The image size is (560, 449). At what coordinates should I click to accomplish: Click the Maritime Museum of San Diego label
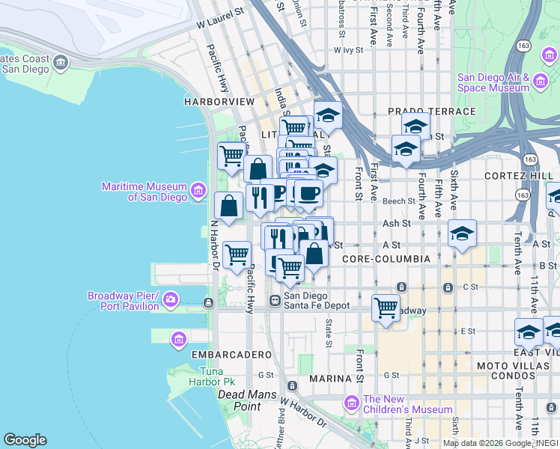click(x=144, y=192)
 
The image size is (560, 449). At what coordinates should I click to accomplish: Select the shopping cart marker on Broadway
click(x=386, y=308)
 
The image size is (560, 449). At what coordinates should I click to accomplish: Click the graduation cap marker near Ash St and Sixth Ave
click(x=463, y=233)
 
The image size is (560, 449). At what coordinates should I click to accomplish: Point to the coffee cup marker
click(x=308, y=194)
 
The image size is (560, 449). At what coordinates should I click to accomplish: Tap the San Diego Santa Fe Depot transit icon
click(x=275, y=300)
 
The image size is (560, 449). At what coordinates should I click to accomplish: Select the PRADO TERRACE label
click(x=431, y=112)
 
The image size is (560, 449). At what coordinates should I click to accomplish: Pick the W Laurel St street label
click(x=221, y=24)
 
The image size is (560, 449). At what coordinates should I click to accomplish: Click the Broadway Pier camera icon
click(x=171, y=300)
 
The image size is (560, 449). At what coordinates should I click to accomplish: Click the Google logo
click(x=25, y=440)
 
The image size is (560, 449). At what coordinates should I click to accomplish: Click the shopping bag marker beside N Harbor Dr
click(x=228, y=206)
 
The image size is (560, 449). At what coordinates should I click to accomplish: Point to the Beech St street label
click(x=398, y=201)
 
